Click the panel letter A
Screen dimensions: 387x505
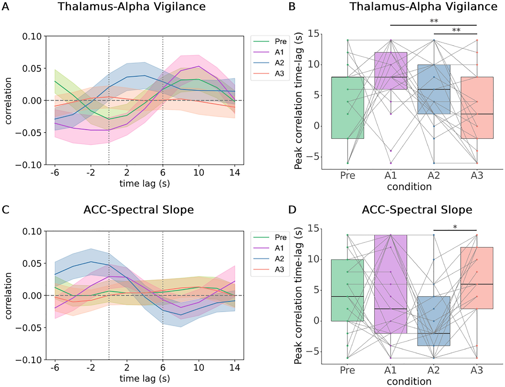pyautogui.click(x=5, y=6)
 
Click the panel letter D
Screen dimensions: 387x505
pyautogui.click(x=292, y=210)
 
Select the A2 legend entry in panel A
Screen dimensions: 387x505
pyautogui.click(x=279, y=63)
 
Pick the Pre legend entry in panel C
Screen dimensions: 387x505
pyautogui.click(x=281, y=237)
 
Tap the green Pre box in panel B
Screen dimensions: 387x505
pyautogui.click(x=348, y=120)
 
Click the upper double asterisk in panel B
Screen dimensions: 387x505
pyautogui.click(x=434, y=21)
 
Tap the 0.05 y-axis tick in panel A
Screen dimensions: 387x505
pyautogui.click(x=32, y=69)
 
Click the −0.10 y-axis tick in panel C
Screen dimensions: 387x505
pyautogui.click(x=29, y=360)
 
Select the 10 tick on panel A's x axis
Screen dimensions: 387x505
pyautogui.click(x=199, y=173)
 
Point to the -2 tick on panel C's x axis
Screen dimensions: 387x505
pyautogui.click(x=91, y=368)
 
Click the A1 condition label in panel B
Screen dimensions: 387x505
pyautogui.click(x=390, y=175)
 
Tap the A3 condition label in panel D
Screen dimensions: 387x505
pyautogui.click(x=477, y=370)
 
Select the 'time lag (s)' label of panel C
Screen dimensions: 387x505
pyautogui.click(x=145, y=379)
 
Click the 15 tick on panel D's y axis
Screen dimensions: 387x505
pyautogui.click(x=313, y=228)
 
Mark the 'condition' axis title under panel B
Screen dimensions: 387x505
pyautogui.click(x=409, y=187)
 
